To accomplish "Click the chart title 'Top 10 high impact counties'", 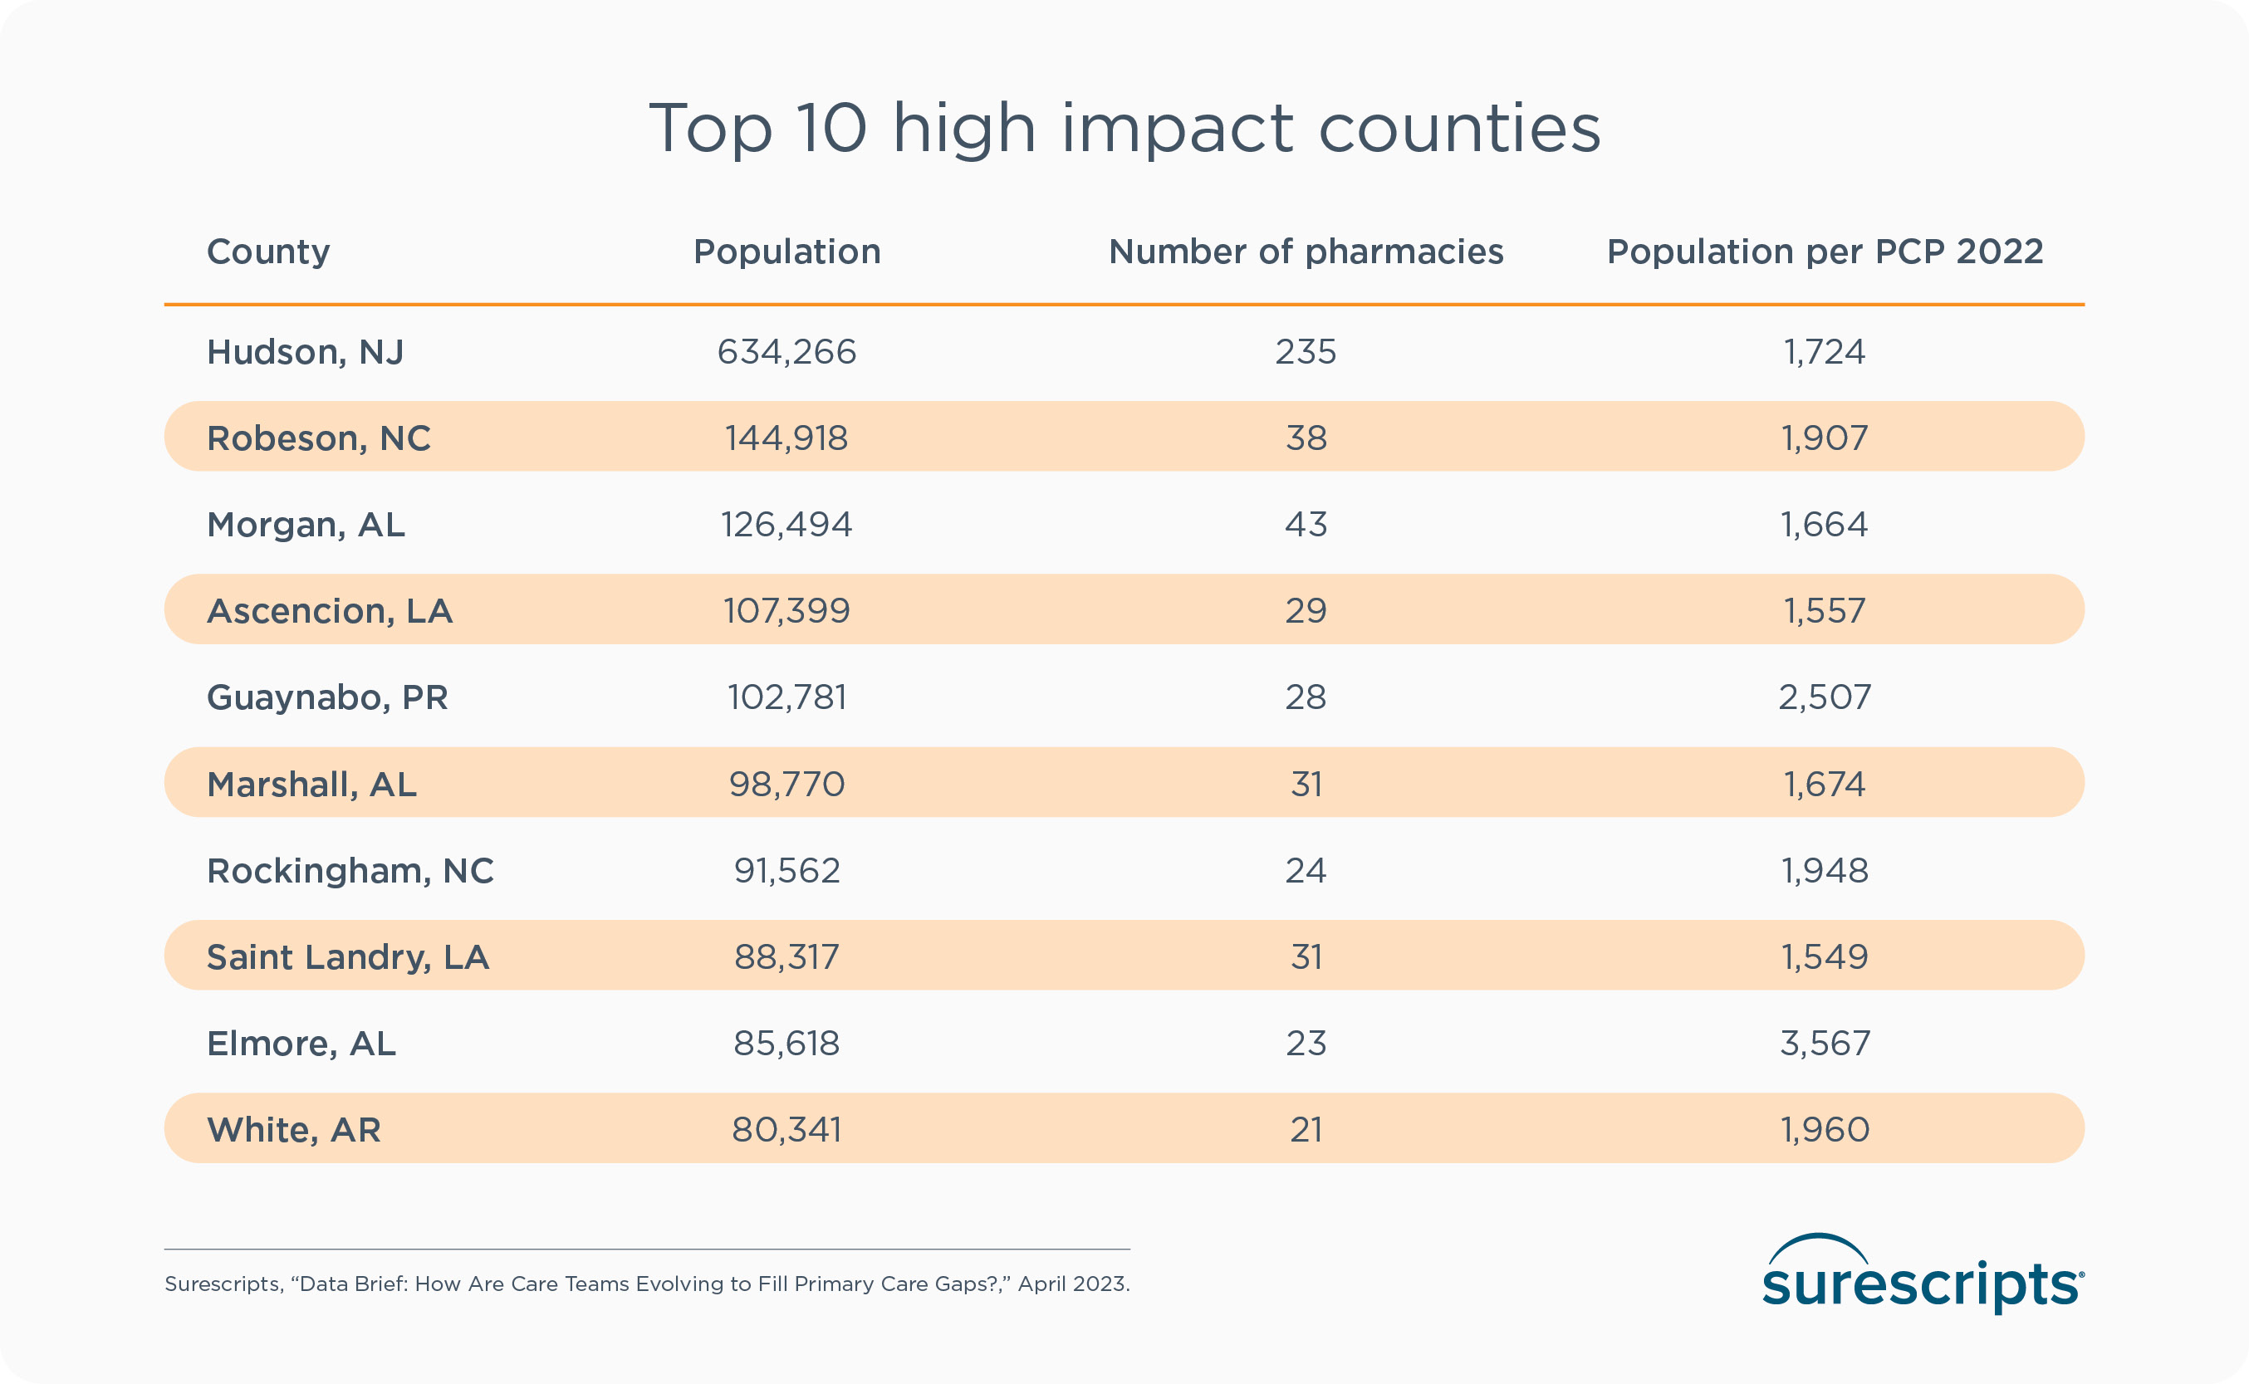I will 1124,128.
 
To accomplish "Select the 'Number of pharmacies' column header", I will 1306,252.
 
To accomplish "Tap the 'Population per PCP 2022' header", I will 1825,252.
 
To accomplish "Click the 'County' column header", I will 268,252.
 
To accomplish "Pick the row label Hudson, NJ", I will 305,352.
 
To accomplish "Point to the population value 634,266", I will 786,352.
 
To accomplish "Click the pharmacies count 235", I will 1306,352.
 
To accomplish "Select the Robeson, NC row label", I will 319,438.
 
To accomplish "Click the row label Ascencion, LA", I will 330,610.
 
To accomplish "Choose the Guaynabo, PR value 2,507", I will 1825,697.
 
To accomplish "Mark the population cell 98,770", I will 786,785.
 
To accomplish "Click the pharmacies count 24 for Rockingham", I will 1306,870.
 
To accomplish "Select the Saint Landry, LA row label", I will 348,957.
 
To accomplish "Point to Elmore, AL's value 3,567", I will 1825,1044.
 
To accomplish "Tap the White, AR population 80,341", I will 786,1130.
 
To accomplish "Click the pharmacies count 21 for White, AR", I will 1306,1130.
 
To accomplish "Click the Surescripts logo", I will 1923,1276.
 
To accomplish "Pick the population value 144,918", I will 786,438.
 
